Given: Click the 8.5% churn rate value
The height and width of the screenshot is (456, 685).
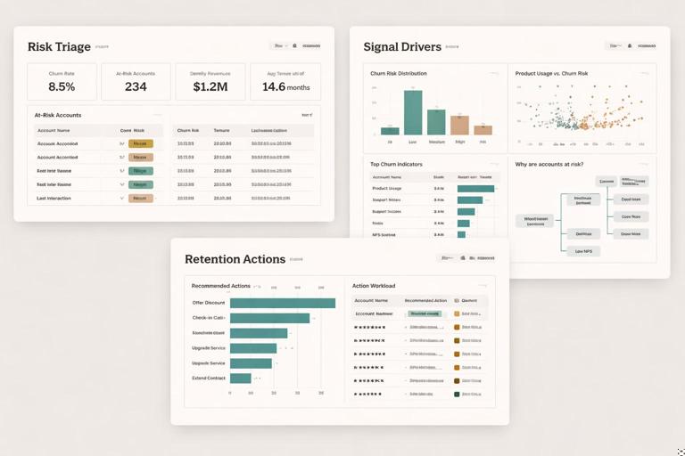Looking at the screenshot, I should tap(62, 86).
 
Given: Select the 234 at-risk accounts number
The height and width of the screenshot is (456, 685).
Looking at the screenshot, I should tap(136, 86).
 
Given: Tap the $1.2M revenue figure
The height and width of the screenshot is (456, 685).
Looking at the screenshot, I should tap(210, 86).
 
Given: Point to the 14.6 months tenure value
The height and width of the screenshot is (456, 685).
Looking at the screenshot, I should tap(285, 86).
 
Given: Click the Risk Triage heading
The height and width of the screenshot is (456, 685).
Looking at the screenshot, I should tap(58, 46).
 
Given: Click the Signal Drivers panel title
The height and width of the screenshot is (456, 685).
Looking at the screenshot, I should tap(401, 46).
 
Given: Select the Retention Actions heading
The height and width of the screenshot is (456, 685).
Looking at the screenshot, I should tap(235, 259).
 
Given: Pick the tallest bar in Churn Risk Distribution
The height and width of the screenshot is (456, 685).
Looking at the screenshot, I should tap(413, 112).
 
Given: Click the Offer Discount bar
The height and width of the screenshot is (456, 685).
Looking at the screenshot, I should tap(282, 303).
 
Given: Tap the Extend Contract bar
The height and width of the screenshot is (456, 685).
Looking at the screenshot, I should tap(241, 379).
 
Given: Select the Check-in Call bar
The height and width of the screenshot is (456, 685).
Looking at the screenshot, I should tap(269, 318).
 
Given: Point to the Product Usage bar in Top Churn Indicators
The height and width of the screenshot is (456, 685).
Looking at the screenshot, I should tap(475, 189).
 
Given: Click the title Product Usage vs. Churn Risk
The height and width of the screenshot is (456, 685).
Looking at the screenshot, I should tap(551, 74).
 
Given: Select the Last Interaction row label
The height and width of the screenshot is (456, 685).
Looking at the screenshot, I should tap(54, 198).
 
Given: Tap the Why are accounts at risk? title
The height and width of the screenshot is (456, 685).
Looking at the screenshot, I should tap(549, 164).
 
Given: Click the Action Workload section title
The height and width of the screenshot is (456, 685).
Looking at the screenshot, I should tap(374, 286).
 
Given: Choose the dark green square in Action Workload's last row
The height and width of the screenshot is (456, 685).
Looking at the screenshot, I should tap(457, 393).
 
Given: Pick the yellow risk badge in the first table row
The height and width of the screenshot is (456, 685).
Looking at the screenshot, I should tap(141, 143).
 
